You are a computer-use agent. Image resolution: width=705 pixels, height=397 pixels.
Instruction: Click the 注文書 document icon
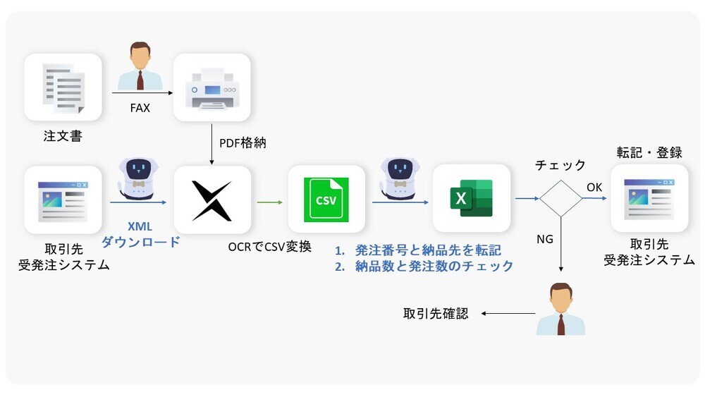click(x=63, y=87)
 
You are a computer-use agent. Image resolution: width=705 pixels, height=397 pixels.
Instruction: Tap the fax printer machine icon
click(x=211, y=87)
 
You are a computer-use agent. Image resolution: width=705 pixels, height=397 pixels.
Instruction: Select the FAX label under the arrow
click(x=141, y=110)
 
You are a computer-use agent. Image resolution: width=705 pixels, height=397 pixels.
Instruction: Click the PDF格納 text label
click(x=240, y=144)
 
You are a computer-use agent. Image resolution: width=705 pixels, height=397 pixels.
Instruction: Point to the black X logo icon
click(x=212, y=200)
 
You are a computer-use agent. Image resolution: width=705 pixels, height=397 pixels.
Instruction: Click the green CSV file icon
click(x=326, y=200)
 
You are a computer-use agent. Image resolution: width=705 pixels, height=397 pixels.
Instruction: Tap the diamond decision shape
click(x=560, y=198)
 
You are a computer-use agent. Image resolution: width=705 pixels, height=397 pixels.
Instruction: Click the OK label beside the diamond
click(x=594, y=187)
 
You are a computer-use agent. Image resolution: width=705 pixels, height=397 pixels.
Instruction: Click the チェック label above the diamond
click(x=560, y=165)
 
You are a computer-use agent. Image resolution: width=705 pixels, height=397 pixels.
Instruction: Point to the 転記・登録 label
click(x=649, y=153)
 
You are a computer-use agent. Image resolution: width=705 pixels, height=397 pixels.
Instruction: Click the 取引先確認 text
click(x=435, y=314)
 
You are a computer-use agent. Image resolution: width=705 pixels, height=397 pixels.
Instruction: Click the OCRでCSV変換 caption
click(x=269, y=248)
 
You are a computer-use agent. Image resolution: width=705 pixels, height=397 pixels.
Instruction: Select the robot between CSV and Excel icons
click(x=400, y=177)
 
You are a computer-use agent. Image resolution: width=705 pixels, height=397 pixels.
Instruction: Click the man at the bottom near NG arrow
click(x=560, y=309)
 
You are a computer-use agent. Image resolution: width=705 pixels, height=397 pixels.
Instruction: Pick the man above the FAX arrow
click(x=141, y=67)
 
